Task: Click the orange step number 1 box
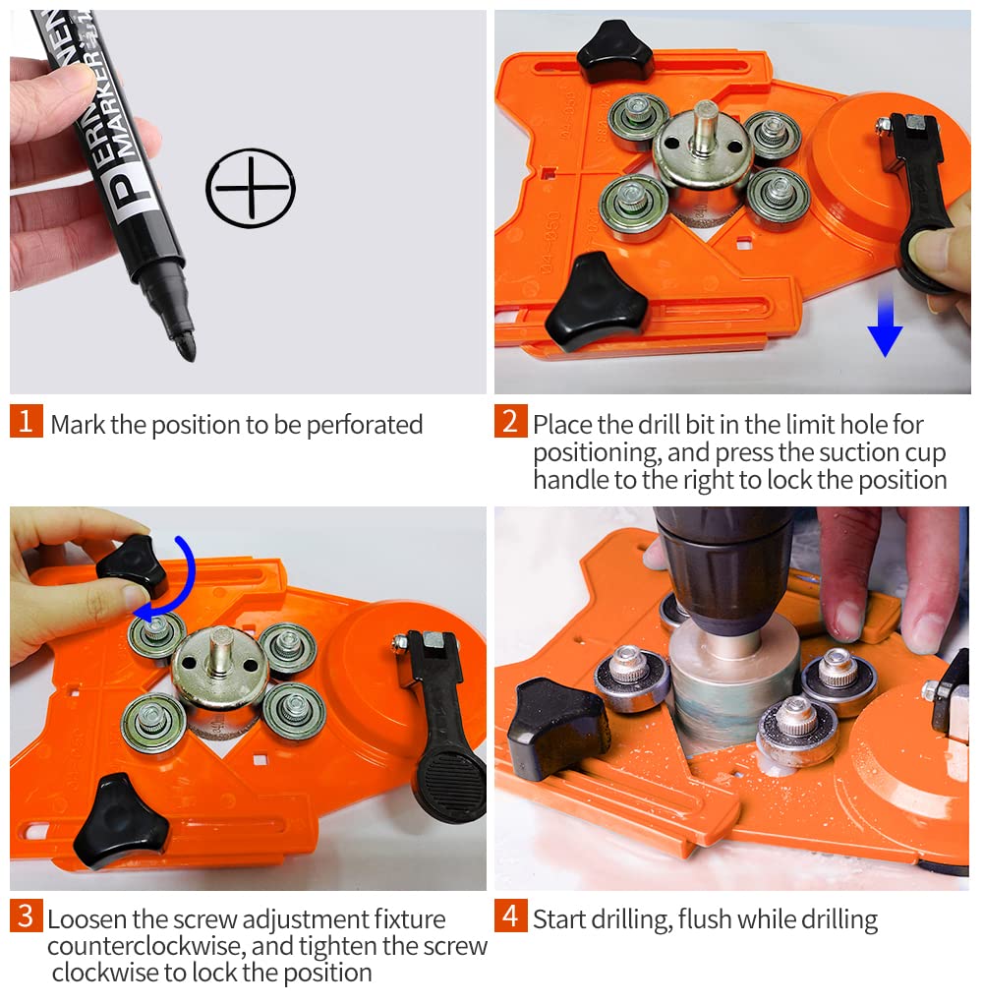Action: point(27,421)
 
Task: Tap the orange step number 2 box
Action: point(511,421)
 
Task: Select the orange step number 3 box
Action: point(27,916)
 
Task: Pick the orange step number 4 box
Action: point(511,916)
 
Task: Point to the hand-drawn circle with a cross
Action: point(251,188)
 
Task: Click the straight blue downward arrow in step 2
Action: point(885,323)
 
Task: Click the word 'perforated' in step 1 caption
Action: point(364,426)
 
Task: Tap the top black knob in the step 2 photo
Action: point(614,51)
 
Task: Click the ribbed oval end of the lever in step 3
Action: point(452,782)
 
